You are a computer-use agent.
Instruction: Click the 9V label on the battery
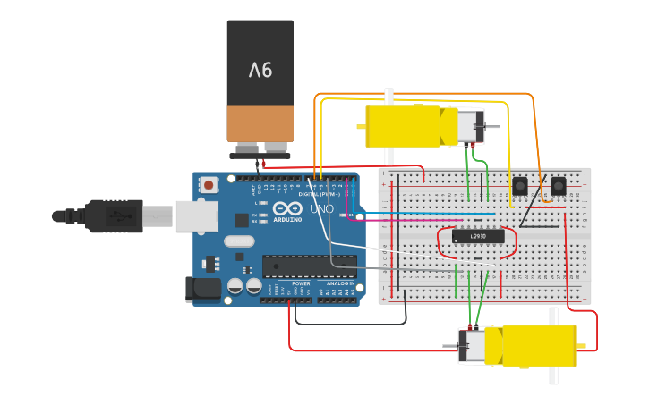click(x=260, y=69)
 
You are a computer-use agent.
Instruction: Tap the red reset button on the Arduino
click(x=209, y=185)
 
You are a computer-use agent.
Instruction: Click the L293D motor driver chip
click(x=478, y=236)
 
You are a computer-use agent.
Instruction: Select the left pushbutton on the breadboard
click(x=519, y=186)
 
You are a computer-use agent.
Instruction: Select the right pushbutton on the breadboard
click(x=558, y=186)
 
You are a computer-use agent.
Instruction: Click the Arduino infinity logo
click(x=286, y=210)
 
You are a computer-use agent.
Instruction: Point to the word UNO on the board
click(x=321, y=209)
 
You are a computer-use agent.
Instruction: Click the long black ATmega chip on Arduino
click(x=309, y=266)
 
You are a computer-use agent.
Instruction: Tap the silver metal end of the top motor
click(x=470, y=127)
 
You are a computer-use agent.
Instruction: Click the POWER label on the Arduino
click(x=300, y=283)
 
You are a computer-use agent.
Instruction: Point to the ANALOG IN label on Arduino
click(x=339, y=283)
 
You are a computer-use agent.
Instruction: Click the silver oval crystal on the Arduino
click(x=239, y=240)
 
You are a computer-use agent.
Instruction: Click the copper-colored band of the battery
click(x=260, y=123)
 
